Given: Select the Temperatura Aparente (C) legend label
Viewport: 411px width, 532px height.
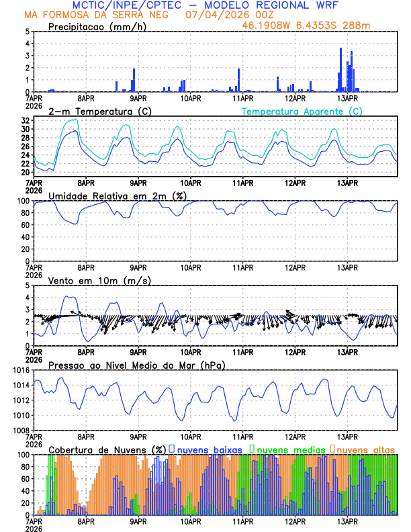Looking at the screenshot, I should [x=302, y=111].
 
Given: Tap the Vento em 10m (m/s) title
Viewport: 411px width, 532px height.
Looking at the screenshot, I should [x=99, y=280].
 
